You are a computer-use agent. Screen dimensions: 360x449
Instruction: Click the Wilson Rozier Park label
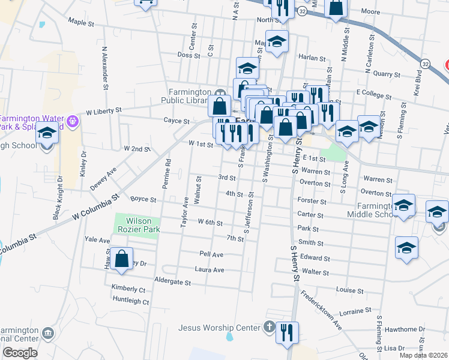pyautogui.click(x=137, y=226)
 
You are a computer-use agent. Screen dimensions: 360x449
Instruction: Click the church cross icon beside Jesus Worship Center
pyautogui.click(x=270, y=328)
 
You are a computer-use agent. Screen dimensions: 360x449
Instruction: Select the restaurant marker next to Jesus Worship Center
pyautogui.click(x=287, y=332)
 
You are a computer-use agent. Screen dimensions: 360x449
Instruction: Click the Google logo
pyautogui.click(x=20, y=353)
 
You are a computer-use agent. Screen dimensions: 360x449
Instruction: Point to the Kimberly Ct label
pyautogui.click(x=128, y=289)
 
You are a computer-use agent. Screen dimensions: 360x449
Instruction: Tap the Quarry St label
pyautogui.click(x=387, y=75)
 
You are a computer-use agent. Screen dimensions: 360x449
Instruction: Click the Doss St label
pyautogui.click(x=188, y=55)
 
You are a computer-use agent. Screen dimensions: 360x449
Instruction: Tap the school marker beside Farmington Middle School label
pyautogui.click(x=403, y=205)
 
